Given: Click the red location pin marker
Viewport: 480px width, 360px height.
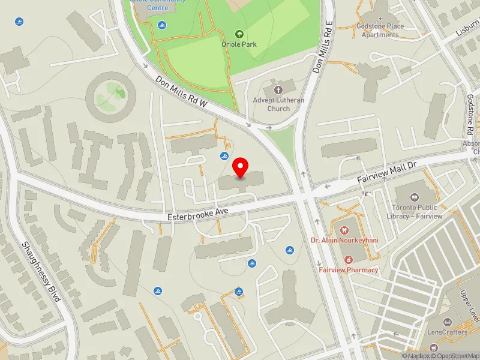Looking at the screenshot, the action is click(x=241, y=167).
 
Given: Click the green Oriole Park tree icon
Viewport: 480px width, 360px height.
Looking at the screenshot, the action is click(x=239, y=34).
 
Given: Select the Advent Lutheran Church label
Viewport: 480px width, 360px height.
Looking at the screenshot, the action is click(x=278, y=104).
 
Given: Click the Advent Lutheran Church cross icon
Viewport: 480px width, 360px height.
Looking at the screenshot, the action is click(x=278, y=89).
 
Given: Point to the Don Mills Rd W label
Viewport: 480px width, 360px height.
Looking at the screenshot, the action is click(x=181, y=92).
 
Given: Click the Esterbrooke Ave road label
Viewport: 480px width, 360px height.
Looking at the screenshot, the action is click(x=197, y=211).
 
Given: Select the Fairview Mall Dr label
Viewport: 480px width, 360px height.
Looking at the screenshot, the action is click(x=387, y=172).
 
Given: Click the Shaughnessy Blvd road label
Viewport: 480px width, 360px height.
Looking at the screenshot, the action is click(x=41, y=271).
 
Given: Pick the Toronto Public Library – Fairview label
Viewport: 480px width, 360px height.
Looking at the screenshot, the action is click(x=418, y=212).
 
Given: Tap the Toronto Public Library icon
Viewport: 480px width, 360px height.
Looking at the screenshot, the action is click(x=414, y=197).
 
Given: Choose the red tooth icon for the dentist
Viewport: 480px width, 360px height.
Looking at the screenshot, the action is click(x=344, y=230).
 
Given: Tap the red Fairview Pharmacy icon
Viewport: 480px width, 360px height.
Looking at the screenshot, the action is click(x=348, y=259).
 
